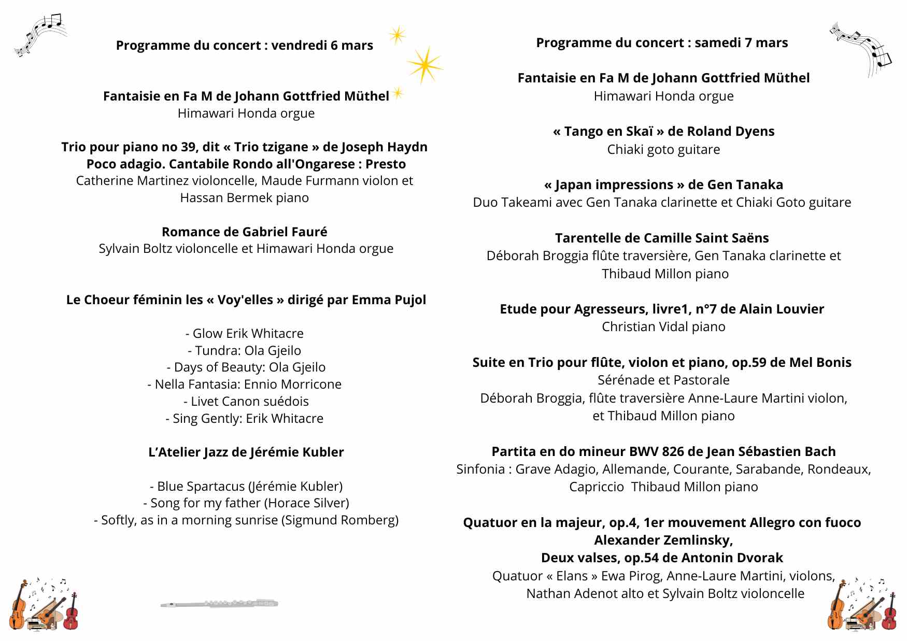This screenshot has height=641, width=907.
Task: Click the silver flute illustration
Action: point(219,604)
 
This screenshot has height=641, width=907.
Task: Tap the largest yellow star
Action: point(424,65)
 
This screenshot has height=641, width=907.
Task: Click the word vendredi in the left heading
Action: point(299,46)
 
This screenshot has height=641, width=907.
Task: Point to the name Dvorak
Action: point(762,558)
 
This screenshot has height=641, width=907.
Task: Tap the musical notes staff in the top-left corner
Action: point(41,34)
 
